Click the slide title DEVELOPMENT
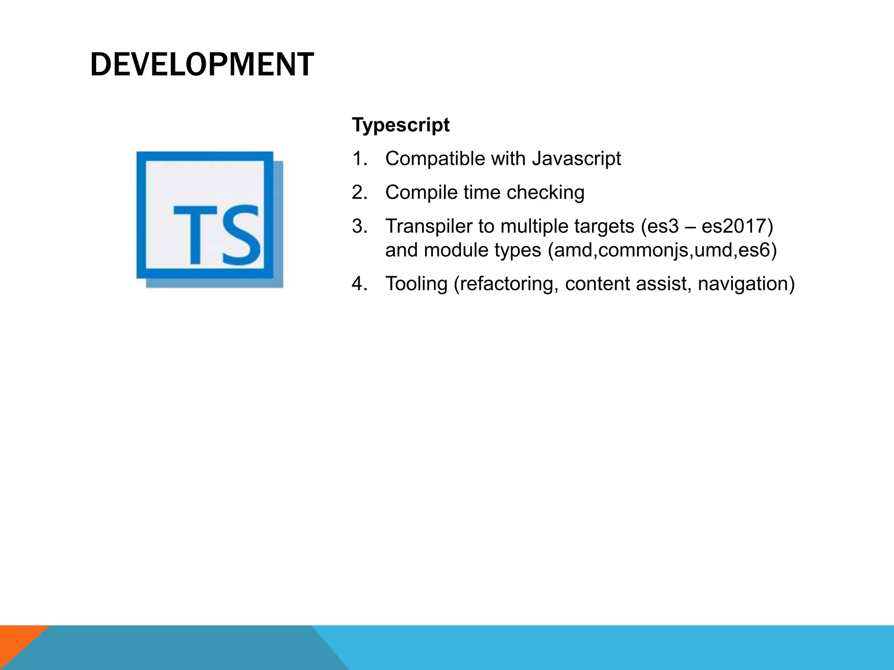pos(202,65)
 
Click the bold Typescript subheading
pos(400,125)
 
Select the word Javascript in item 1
pos(576,159)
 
